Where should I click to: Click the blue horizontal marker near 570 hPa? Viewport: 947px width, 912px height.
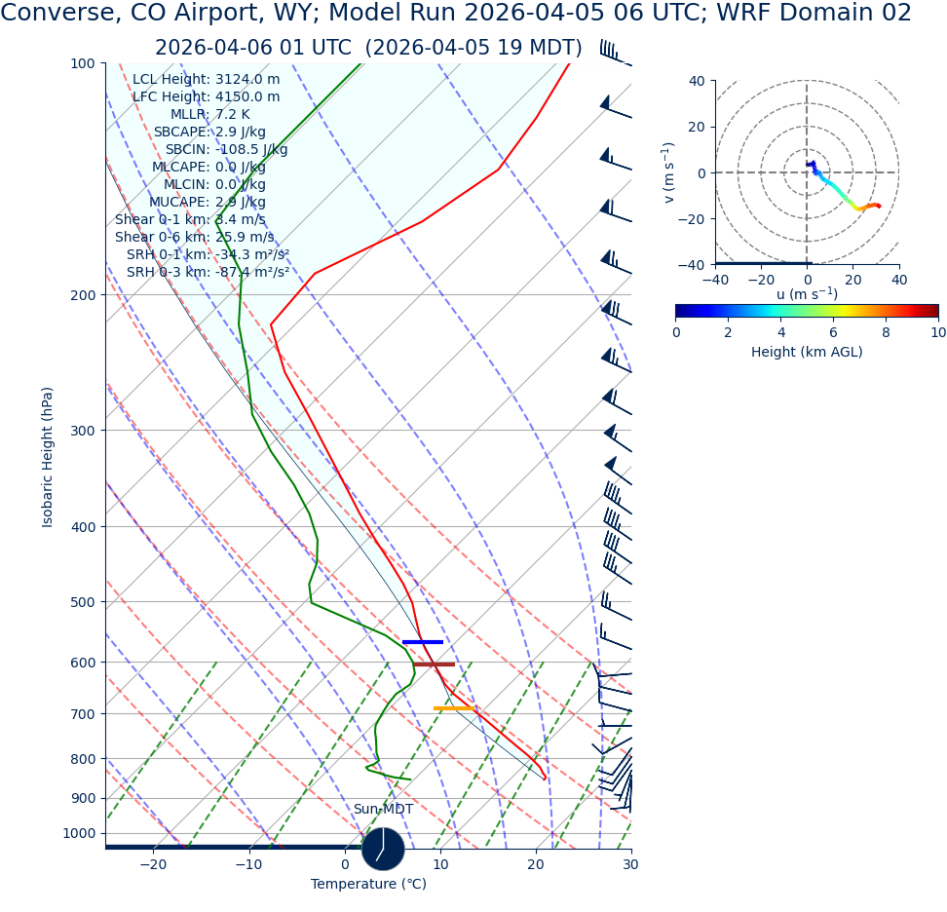click(423, 642)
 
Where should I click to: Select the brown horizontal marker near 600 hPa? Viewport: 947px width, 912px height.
click(435, 665)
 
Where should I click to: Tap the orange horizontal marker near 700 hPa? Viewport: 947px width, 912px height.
click(454, 708)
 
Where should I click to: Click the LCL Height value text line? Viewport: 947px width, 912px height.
click(206, 80)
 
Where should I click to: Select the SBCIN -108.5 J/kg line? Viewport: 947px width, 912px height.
click(226, 150)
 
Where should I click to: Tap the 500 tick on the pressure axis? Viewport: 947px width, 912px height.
click(83, 602)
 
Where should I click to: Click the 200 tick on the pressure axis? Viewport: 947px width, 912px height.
click(83, 295)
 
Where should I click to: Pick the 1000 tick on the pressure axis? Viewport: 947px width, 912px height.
click(80, 834)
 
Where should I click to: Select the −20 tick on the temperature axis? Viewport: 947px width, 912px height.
click(153, 864)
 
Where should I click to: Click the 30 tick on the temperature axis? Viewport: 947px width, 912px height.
click(630, 864)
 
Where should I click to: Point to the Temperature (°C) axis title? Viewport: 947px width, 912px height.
click(368, 885)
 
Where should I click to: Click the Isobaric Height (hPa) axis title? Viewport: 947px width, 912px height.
click(48, 457)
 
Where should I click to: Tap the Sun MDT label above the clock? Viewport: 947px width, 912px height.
click(383, 810)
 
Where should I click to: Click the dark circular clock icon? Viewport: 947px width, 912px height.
click(383, 849)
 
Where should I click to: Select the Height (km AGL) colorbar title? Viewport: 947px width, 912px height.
click(807, 352)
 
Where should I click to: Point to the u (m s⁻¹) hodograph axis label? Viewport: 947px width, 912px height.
click(807, 294)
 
